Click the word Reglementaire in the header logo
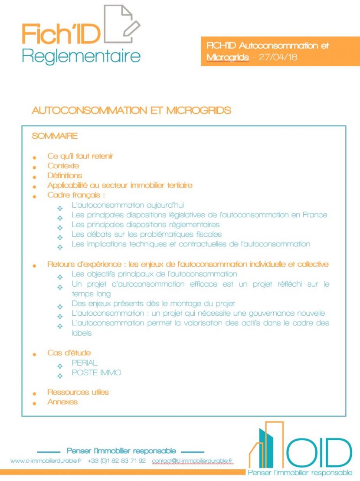pos(81,56)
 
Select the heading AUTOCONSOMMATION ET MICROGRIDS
pos(131,111)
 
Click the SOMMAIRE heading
pos(55,136)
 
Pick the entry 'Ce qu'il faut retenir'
pos(80,156)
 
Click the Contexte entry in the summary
pos(63,166)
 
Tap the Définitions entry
pos(65,176)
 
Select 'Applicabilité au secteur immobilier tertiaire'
pos(120,186)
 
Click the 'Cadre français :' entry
pos(76,195)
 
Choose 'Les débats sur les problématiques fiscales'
pos(147,234)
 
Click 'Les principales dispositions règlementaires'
pos(145,225)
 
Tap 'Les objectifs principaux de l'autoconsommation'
pos(154,274)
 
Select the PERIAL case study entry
pos(85,363)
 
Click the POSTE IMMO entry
pos(96,373)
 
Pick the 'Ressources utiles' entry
pos(78,392)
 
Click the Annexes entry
pos(62,402)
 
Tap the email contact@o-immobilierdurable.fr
pos(192,461)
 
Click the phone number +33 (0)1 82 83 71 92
pos(117,461)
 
